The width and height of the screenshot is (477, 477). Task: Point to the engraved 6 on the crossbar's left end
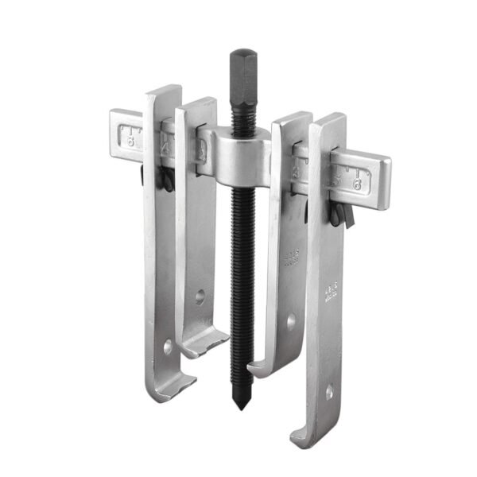point(129,134)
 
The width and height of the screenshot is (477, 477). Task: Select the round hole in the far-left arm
point(167,348)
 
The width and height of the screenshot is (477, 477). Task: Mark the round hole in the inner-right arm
point(291,322)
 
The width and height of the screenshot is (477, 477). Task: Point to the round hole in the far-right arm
point(330,392)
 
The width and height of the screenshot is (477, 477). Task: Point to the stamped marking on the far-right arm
point(330,289)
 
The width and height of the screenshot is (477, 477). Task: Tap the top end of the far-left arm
point(162,94)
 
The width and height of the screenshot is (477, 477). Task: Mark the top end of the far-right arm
point(328,122)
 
